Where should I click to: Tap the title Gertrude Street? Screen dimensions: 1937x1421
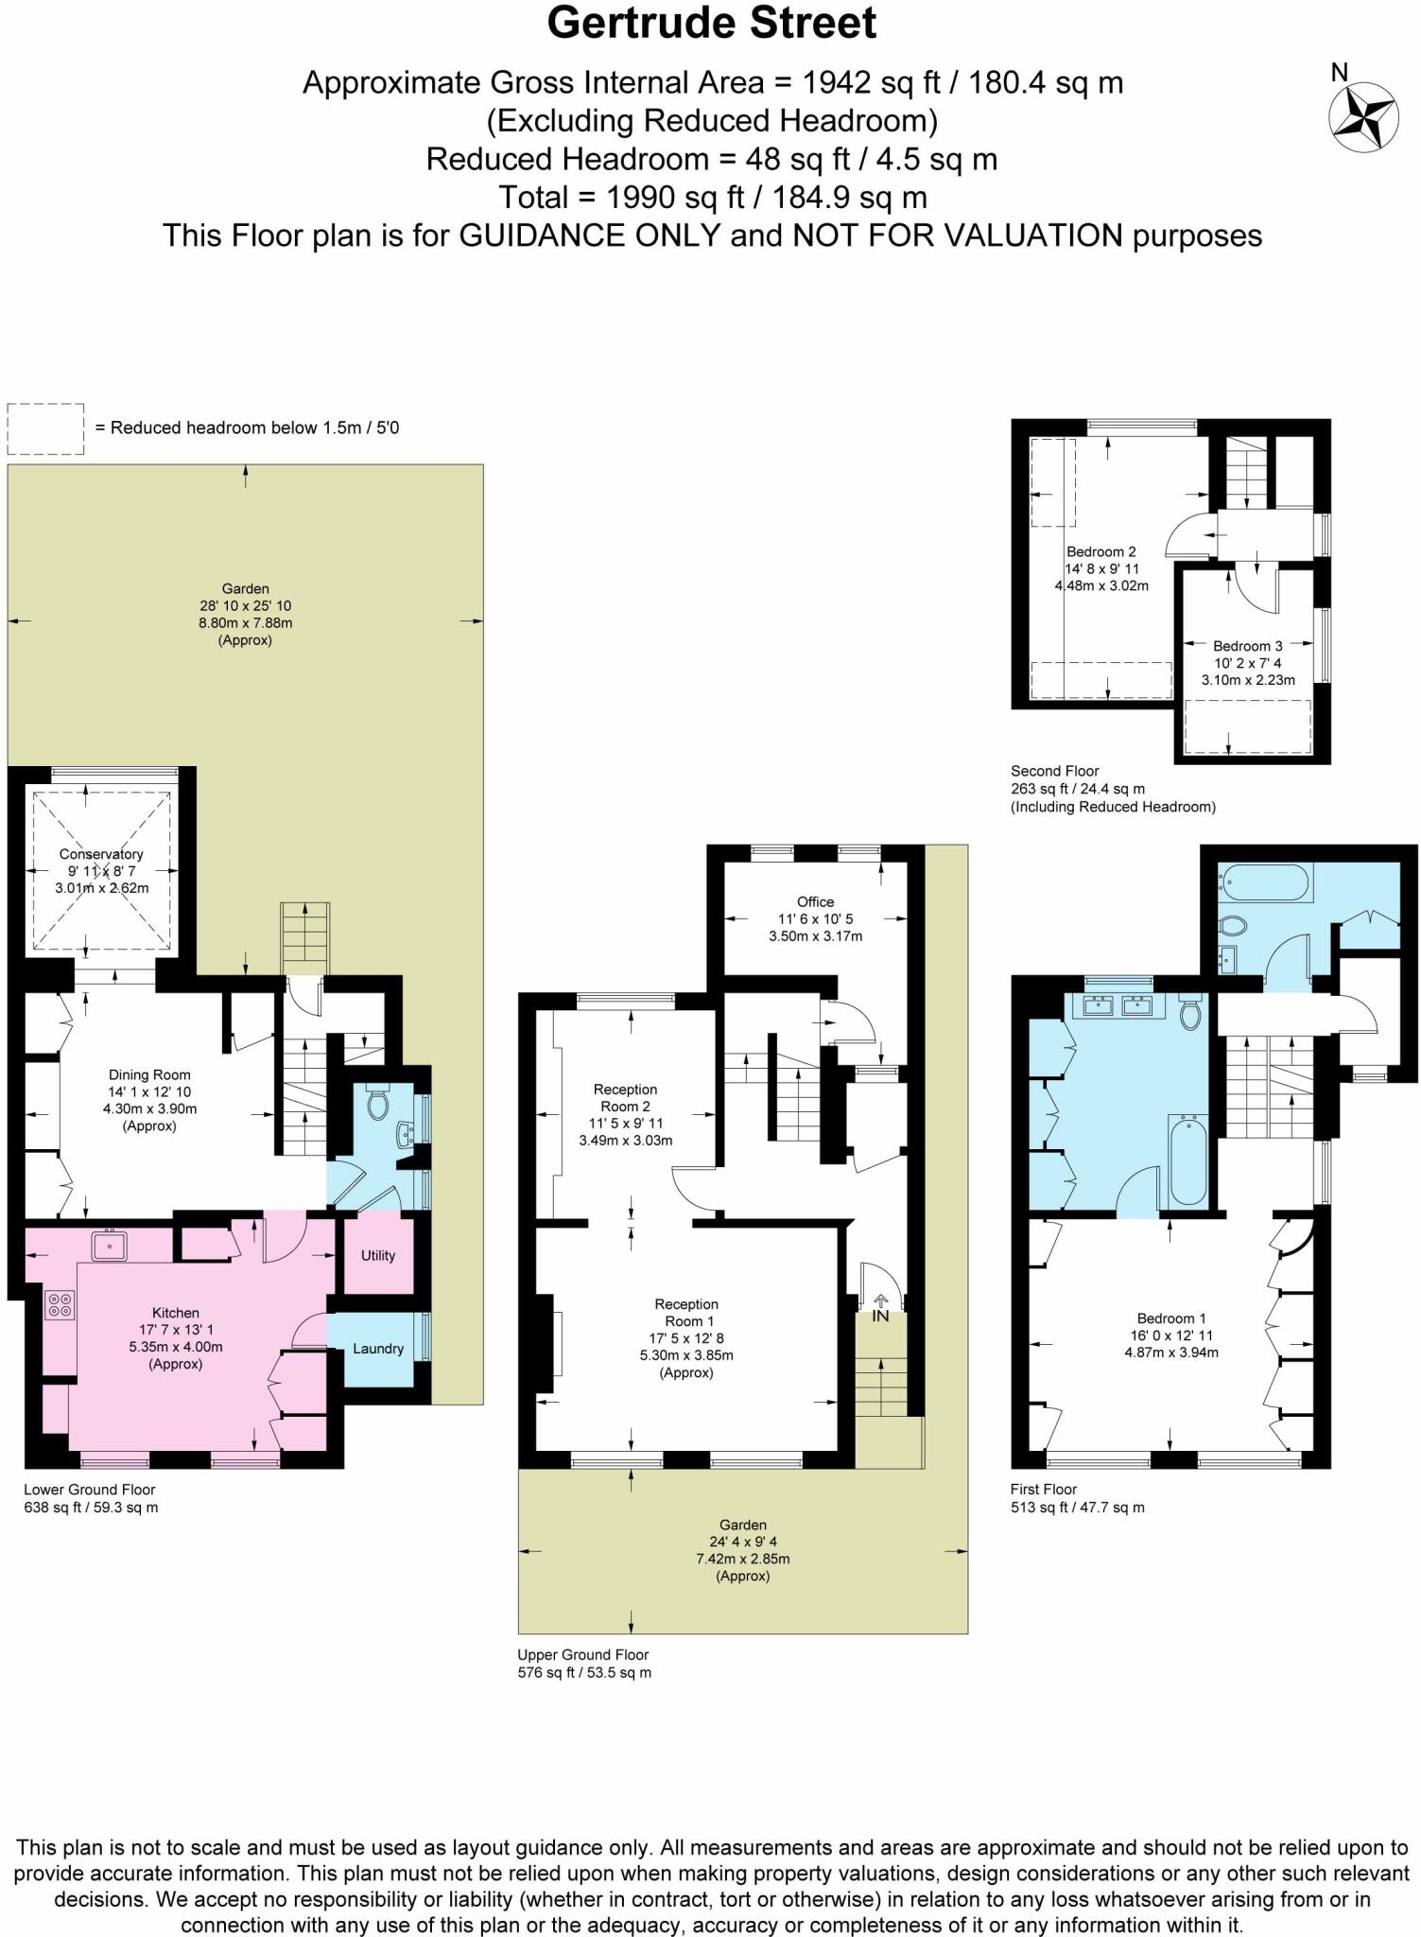[x=712, y=24]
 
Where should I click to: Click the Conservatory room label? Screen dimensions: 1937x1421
[x=101, y=854]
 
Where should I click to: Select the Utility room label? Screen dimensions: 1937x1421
[x=378, y=1255]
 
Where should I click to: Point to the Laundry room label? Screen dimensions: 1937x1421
[x=378, y=1349]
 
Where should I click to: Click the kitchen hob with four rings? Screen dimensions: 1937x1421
[x=60, y=1305]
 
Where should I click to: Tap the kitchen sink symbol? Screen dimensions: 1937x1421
[x=110, y=1246]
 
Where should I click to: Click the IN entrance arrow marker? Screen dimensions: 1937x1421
[x=880, y=1309]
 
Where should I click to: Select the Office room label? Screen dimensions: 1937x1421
[x=815, y=901]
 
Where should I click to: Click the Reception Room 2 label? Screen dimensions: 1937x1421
[x=625, y=1097]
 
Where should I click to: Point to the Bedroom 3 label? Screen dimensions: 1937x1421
[x=1248, y=646]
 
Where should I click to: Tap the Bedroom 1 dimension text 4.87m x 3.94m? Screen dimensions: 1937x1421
[x=1171, y=1352]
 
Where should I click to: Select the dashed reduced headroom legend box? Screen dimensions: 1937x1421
[x=45, y=428]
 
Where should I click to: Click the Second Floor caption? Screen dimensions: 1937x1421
[x=1055, y=771]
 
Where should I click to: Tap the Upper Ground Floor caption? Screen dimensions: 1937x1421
[x=583, y=1655]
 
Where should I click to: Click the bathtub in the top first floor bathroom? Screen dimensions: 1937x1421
[x=1265, y=882]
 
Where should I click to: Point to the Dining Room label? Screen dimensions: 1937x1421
[x=149, y=1074]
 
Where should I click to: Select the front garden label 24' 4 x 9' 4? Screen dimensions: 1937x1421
[x=743, y=1542]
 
